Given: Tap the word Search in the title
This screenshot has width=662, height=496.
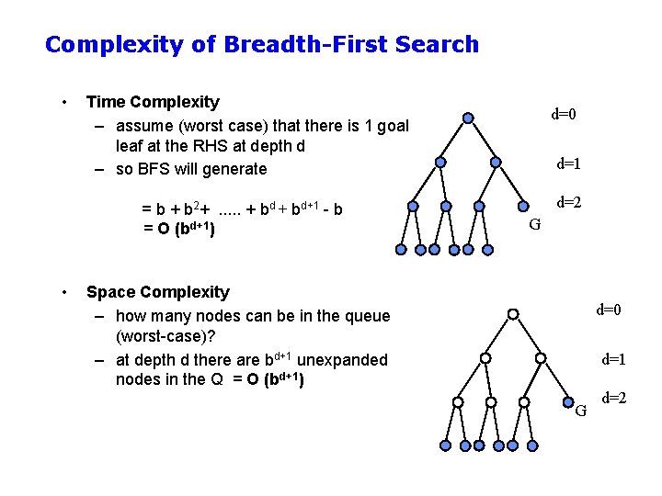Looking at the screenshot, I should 437,44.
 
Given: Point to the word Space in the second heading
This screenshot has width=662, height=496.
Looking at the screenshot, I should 109,292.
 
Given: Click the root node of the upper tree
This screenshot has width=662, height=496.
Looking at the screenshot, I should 468,118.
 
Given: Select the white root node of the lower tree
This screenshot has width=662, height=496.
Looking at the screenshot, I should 513,314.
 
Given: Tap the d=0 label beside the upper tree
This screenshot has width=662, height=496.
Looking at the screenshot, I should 564,115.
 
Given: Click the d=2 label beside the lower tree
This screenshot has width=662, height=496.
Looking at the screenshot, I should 614,398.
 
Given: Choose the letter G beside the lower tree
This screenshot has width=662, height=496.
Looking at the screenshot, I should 580,410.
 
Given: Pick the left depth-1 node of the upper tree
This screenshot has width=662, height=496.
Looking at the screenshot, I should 440,162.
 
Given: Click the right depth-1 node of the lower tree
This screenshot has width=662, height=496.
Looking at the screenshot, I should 541,357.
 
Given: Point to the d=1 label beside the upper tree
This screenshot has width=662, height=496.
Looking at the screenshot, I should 568,164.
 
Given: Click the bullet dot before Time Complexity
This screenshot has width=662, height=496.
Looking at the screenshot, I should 63,102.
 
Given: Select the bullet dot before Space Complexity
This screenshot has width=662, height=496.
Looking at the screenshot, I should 63,292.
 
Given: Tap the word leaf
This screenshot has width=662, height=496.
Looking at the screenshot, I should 130,147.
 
